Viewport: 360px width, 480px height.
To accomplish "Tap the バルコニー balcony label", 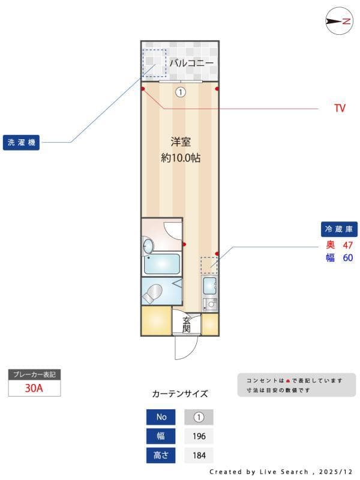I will tap(191, 62).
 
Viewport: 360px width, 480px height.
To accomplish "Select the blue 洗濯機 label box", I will tap(21, 143).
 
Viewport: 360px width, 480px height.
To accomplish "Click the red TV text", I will tap(340, 109).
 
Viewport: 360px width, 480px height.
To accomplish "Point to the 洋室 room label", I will tap(180, 142).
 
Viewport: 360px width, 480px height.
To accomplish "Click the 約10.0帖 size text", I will tap(180, 158).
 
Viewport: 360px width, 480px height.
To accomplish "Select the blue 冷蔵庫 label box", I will tap(340, 229).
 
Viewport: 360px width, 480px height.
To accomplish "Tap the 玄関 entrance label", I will tap(187, 324).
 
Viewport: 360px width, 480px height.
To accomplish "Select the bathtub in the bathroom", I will tap(161, 263).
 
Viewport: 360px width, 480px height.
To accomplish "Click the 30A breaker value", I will tap(34, 388).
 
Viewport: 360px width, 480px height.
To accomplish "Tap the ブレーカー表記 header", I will tap(34, 374).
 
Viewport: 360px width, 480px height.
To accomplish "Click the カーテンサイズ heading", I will tap(180, 394).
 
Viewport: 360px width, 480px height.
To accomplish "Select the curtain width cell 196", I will tap(199, 436).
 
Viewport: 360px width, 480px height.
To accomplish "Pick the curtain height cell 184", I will tap(199, 455).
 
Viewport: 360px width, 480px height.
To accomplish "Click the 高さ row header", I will tap(161, 455).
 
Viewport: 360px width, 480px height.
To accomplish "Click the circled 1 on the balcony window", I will tap(181, 92).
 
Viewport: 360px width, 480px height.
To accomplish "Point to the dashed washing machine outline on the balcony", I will tap(154, 62).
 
